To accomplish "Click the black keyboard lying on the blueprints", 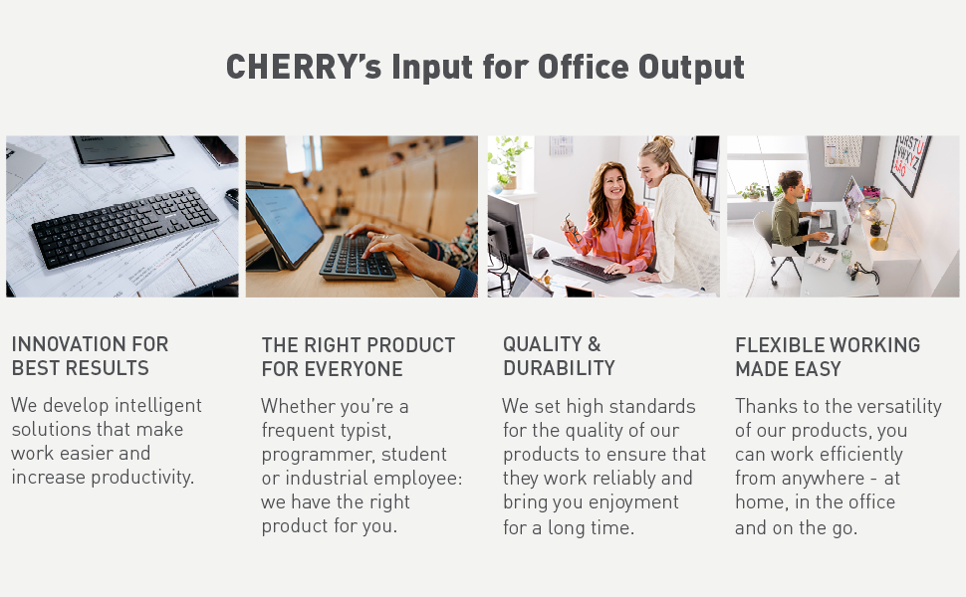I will tap(124, 227).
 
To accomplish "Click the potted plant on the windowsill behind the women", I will tap(509, 159).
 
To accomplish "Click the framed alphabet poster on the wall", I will tap(910, 164).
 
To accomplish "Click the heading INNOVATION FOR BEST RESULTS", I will tap(90, 356).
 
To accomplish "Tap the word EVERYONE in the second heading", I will tap(354, 369).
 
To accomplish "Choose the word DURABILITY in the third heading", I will tap(559, 368).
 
